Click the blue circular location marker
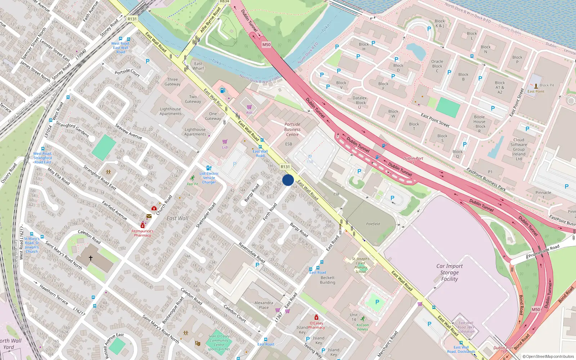288,180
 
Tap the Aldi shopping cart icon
249,107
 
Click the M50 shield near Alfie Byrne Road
266,45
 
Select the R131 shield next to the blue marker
285,167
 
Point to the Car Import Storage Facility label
449,273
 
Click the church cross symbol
91,258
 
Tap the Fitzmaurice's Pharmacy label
143,233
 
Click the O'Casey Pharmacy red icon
316,317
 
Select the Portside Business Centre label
292,129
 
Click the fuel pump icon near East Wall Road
222,90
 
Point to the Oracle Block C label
437,66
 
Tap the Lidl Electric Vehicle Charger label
209,178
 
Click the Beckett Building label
328,280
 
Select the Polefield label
373,224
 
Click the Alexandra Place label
264,305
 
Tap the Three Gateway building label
172,82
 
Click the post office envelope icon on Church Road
149,216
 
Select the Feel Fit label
193,184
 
